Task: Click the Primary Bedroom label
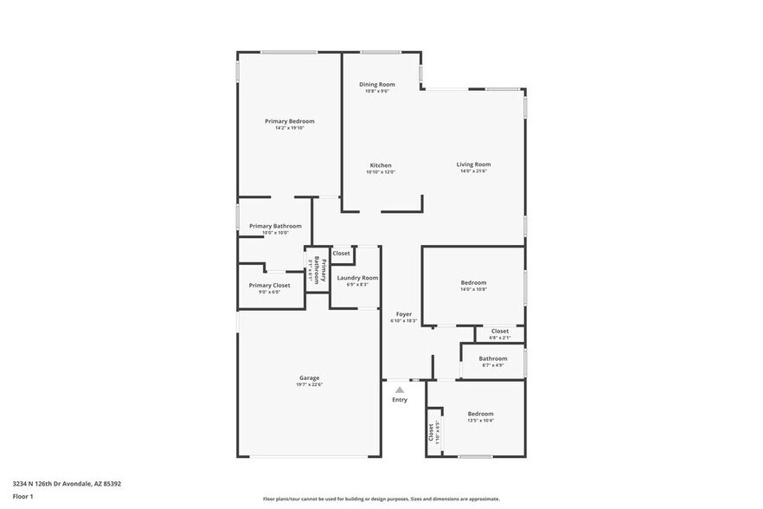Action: pyautogui.click(x=289, y=121)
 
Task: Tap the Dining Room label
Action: pyautogui.click(x=377, y=84)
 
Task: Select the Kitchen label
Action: pyautogui.click(x=381, y=165)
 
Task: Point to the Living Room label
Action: pyautogui.click(x=474, y=164)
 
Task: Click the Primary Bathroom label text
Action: pyautogui.click(x=275, y=226)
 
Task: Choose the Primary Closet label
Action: pyautogui.click(x=269, y=285)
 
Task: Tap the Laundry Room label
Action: pyautogui.click(x=357, y=278)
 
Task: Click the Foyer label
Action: pyautogui.click(x=403, y=313)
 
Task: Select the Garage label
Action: pyautogui.click(x=309, y=377)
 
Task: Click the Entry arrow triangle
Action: pyautogui.click(x=400, y=390)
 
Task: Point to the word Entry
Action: pyautogui.click(x=400, y=400)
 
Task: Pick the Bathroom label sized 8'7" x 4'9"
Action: pyautogui.click(x=493, y=358)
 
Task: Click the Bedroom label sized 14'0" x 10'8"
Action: pyautogui.click(x=473, y=282)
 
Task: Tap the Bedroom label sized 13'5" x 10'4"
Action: pyautogui.click(x=480, y=414)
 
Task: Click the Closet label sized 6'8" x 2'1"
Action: pyautogui.click(x=500, y=331)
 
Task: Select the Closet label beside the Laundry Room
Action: pyautogui.click(x=342, y=253)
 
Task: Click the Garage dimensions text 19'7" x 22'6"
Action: pyautogui.click(x=309, y=384)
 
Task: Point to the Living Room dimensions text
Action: pyautogui.click(x=474, y=171)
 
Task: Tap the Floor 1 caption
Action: pyautogui.click(x=22, y=497)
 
